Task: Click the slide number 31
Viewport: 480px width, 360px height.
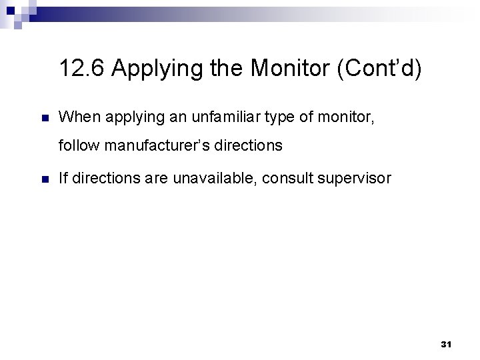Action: (x=446, y=344)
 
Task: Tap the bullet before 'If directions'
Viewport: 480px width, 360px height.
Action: (x=45, y=178)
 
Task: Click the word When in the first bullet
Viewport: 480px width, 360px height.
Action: (x=76, y=119)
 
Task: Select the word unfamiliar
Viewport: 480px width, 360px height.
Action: (x=212, y=119)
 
